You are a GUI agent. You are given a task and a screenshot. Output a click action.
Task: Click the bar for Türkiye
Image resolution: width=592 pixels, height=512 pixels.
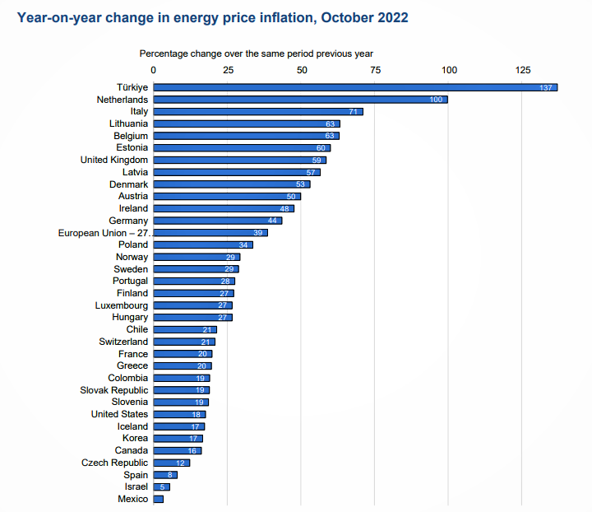click(x=355, y=87)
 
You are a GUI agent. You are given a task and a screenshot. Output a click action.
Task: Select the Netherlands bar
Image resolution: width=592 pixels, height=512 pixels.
click(x=300, y=100)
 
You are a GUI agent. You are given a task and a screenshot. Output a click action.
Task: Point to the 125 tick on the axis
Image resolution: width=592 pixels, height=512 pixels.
click(x=523, y=71)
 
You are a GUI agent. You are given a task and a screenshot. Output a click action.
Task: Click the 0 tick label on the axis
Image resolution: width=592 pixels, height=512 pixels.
click(x=153, y=71)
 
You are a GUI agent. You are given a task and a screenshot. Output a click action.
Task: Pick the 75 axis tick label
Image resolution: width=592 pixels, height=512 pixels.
click(x=375, y=71)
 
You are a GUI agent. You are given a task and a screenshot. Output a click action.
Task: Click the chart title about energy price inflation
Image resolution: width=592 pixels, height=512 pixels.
click(x=213, y=16)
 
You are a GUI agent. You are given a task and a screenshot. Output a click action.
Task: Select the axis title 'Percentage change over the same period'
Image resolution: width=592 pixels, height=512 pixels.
click(x=257, y=54)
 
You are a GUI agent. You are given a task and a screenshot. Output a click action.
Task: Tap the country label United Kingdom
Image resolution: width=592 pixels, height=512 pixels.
click(x=114, y=160)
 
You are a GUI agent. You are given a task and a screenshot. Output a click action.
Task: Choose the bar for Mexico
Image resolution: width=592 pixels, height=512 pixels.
click(x=159, y=499)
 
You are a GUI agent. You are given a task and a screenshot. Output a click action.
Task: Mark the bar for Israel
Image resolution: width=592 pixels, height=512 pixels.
click(x=161, y=487)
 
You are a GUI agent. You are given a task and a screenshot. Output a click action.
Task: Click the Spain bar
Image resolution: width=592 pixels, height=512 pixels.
click(x=165, y=475)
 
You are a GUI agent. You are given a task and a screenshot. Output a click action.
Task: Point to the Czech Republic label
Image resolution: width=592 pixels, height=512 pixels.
click(x=115, y=463)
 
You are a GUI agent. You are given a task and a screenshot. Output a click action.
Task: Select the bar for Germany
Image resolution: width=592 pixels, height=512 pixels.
click(x=218, y=221)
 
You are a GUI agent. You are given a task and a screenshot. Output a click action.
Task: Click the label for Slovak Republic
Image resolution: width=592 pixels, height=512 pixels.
click(x=114, y=390)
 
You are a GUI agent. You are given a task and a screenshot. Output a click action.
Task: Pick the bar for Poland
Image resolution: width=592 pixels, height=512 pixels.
click(x=203, y=244)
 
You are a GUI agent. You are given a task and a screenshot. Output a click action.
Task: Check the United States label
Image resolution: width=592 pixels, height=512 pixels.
click(x=120, y=414)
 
